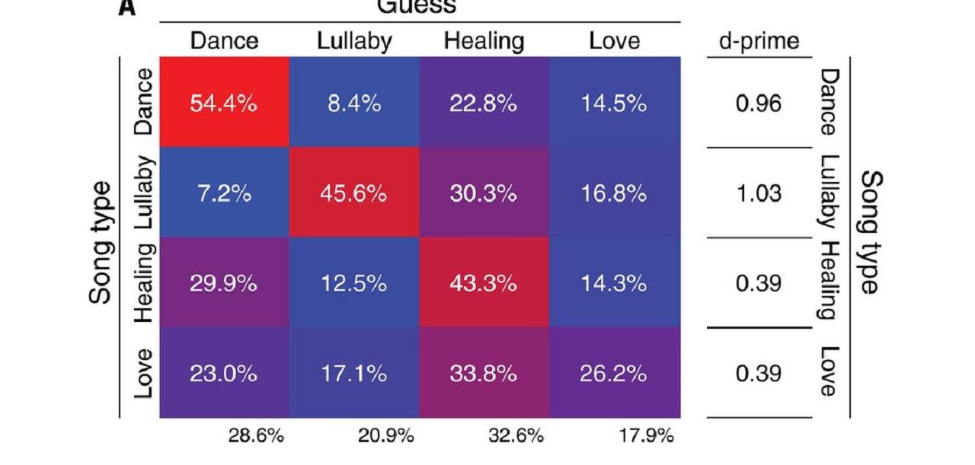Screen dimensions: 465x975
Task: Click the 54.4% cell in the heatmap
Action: point(223,103)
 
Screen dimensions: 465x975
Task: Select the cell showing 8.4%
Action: point(354,103)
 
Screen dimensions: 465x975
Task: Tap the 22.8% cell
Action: point(484,103)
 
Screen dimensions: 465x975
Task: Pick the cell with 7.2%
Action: point(223,193)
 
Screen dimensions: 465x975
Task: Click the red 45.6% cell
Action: point(354,193)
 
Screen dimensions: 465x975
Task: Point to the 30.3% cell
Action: point(484,193)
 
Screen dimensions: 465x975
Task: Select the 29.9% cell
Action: point(223,283)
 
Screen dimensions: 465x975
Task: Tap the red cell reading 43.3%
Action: point(484,283)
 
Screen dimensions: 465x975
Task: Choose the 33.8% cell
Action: point(484,374)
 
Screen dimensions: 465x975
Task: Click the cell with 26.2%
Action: point(614,374)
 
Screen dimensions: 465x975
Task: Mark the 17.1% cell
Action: point(354,374)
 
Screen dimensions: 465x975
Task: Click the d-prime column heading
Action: point(759,41)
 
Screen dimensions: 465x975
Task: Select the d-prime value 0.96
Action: point(759,103)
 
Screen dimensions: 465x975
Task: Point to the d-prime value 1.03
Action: point(759,193)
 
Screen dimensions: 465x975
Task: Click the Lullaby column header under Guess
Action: point(354,41)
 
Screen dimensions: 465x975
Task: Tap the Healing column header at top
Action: point(484,41)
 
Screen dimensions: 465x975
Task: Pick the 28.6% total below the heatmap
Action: point(256,436)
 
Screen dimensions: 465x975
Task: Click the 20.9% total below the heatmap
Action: point(386,436)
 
